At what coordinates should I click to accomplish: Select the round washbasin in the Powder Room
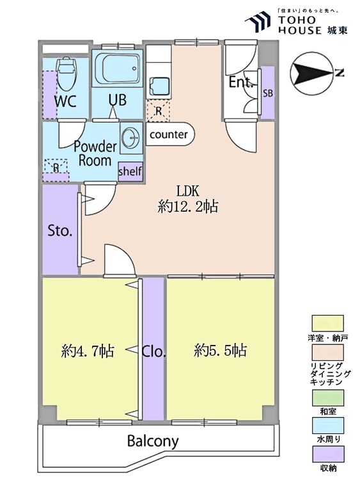click(x=131, y=137)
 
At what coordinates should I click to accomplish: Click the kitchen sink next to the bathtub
click(x=159, y=86)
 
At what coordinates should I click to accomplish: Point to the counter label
click(x=169, y=134)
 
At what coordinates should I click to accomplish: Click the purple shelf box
click(x=130, y=172)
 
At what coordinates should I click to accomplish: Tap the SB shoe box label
click(x=268, y=93)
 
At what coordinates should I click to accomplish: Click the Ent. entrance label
click(x=241, y=82)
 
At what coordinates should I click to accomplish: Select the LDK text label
click(x=188, y=191)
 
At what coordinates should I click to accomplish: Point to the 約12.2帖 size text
click(x=188, y=207)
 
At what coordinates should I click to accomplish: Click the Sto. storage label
click(x=60, y=231)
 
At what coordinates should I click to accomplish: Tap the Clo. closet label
click(x=154, y=352)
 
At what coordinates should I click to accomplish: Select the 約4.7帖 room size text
click(x=88, y=351)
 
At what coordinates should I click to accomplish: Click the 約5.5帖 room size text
click(x=220, y=350)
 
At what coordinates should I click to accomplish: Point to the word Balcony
click(x=153, y=441)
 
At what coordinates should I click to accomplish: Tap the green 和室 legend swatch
click(x=327, y=398)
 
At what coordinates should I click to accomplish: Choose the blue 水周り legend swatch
click(x=327, y=426)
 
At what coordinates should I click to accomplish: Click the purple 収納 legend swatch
click(x=327, y=454)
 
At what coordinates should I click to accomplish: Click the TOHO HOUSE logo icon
click(x=258, y=22)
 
